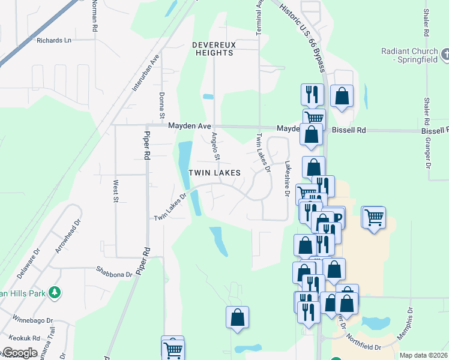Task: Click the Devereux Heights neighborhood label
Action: click(x=213, y=49)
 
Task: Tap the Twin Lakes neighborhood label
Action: click(x=215, y=173)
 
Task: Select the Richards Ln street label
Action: click(x=54, y=40)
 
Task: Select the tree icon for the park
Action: click(x=55, y=292)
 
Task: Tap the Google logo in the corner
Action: click(x=19, y=352)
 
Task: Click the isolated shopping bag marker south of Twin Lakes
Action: click(x=238, y=317)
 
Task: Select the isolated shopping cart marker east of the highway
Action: click(x=374, y=217)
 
